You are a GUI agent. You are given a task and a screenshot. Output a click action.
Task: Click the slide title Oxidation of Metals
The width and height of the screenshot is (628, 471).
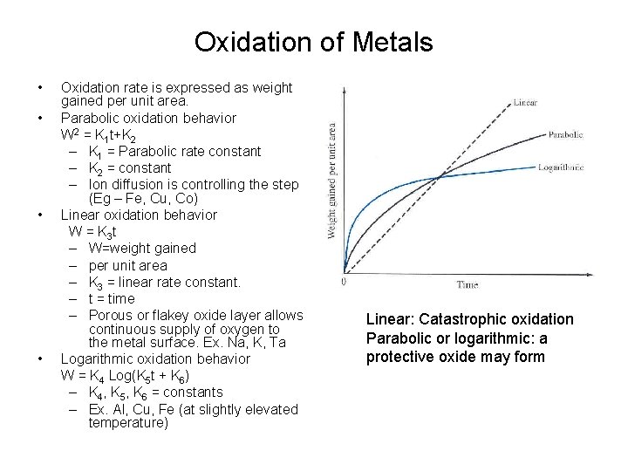313,42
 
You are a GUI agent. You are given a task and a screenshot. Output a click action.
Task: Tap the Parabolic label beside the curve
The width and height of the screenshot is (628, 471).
565,134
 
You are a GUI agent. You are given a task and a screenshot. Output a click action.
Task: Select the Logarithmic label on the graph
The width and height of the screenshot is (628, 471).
560,166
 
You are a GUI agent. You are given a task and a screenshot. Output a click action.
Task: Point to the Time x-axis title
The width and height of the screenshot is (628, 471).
468,284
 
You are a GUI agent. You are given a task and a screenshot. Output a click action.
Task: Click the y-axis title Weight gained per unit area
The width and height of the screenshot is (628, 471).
332,181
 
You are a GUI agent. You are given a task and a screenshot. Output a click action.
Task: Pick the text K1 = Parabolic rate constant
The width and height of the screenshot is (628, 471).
174,151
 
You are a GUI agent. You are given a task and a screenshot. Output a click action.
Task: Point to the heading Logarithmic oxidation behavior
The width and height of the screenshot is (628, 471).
154,358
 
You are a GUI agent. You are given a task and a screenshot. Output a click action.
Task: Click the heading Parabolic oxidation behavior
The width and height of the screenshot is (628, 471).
147,118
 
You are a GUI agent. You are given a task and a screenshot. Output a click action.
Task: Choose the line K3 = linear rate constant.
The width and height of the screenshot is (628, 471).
164,282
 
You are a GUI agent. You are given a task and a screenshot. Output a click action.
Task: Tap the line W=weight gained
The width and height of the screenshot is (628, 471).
142,249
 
